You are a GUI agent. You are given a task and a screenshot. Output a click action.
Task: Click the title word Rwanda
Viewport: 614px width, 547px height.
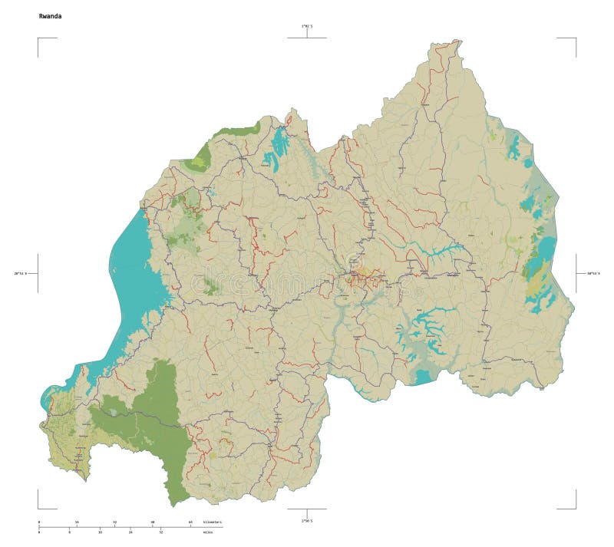[50, 15]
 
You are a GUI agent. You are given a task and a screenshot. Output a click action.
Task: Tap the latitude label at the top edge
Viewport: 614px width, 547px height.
[307, 27]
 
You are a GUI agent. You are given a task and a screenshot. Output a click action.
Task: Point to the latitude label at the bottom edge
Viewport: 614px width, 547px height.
[307, 520]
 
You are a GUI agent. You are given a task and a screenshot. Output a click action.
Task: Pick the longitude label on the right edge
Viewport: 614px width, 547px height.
[593, 272]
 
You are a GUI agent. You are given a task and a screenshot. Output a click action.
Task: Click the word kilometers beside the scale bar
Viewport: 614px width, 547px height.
[212, 522]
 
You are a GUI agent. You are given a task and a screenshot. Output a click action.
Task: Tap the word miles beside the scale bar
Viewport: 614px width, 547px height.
[207, 532]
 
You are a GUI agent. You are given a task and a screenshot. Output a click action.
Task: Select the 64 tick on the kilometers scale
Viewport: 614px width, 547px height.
[190, 522]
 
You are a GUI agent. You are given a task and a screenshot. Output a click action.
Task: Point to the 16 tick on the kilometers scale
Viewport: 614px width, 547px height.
[77, 522]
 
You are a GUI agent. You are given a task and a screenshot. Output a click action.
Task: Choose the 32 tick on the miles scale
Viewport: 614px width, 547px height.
[160, 532]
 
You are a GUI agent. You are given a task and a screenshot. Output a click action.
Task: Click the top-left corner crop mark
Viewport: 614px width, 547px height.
[38, 38]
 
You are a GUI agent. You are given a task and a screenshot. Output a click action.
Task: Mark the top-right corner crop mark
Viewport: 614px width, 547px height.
[575, 38]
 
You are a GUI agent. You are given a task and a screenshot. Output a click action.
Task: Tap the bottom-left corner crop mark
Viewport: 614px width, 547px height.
[38, 507]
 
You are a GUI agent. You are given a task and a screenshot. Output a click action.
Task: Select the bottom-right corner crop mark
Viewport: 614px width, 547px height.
[575, 507]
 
